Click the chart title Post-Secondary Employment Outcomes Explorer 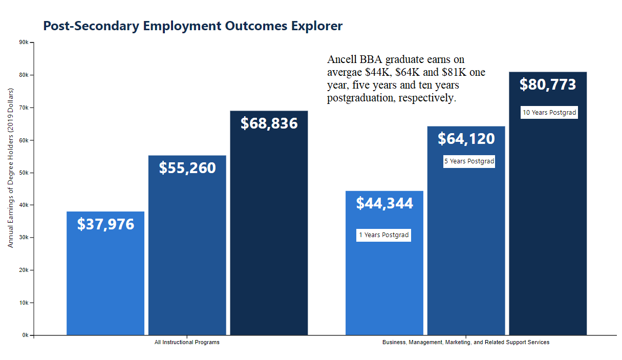(192, 26)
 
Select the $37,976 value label (105, 224)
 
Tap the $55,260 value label (187, 168)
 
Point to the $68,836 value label (269, 123)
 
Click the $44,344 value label (384, 203)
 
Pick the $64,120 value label (466, 139)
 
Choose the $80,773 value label (548, 84)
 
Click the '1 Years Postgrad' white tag (383, 235)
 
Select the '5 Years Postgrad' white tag (469, 161)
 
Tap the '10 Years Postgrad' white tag (549, 113)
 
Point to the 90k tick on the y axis (24, 43)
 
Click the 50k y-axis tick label (24, 173)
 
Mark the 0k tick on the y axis (25, 335)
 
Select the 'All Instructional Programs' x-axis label (187, 342)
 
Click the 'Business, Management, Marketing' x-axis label (465, 342)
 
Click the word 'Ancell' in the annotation (342, 59)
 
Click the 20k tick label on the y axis (24, 270)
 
